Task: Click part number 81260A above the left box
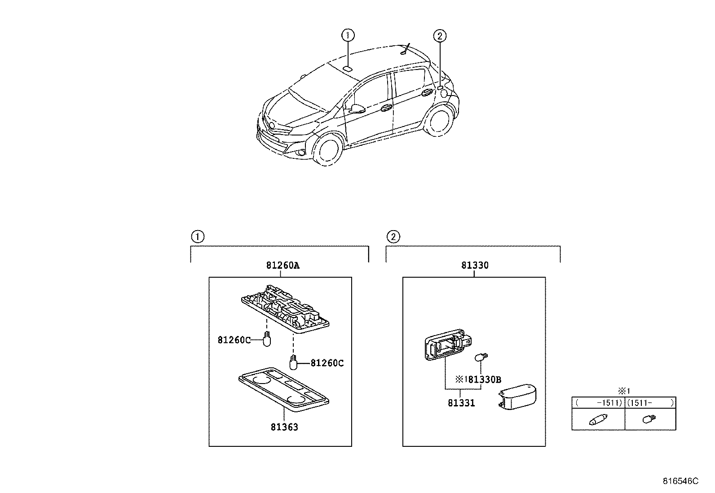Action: pos(282,266)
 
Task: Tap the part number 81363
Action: pos(284,427)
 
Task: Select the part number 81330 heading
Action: pos(475,266)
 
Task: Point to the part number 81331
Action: pos(461,403)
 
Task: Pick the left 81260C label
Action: pos(234,340)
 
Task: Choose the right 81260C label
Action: pos(327,363)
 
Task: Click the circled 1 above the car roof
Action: pos(348,35)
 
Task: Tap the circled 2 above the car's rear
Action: pos(440,35)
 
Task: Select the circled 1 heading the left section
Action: pos(197,236)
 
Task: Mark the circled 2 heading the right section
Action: pos(393,236)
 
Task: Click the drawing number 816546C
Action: pos(681,481)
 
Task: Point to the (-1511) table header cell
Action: pos(598,403)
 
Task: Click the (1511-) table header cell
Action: pos(650,403)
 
